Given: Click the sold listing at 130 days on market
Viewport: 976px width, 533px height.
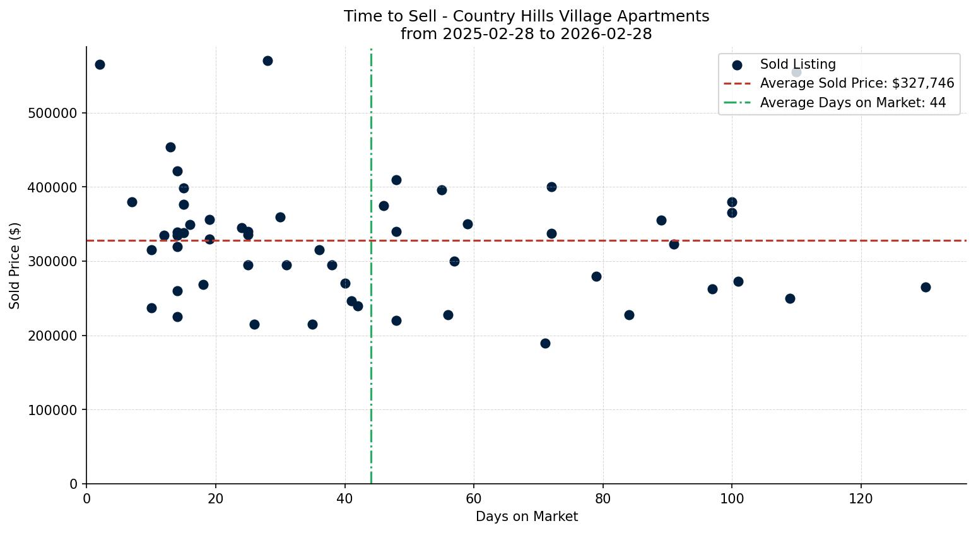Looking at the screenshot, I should (926, 287).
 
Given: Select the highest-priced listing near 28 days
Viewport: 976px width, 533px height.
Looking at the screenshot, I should (268, 61).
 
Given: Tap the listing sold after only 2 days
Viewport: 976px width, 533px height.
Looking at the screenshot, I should (100, 64).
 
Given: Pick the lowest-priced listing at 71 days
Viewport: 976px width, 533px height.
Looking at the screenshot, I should (545, 343).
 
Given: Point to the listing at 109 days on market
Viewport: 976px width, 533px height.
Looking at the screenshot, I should (790, 298).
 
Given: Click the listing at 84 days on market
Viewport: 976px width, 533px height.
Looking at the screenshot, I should (629, 315).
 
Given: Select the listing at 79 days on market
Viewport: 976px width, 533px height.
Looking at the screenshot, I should (596, 276).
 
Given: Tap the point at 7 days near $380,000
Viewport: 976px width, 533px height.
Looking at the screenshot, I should (132, 202).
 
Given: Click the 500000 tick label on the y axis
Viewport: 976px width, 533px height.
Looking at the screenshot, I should (54, 114).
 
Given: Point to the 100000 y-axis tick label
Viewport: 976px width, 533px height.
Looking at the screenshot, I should (54, 410).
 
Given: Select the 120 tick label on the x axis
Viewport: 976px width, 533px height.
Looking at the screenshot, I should (861, 499).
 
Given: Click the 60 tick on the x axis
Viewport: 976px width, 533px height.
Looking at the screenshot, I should (474, 499).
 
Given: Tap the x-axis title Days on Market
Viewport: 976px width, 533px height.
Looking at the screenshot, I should (527, 517).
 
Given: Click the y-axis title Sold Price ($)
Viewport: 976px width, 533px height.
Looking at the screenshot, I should (15, 265).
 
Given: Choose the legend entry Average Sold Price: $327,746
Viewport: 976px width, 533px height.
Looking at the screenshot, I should (857, 83).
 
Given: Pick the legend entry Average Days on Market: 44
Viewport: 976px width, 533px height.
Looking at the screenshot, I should (852, 103).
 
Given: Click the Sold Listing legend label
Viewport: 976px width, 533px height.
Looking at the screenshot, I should (797, 64).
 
